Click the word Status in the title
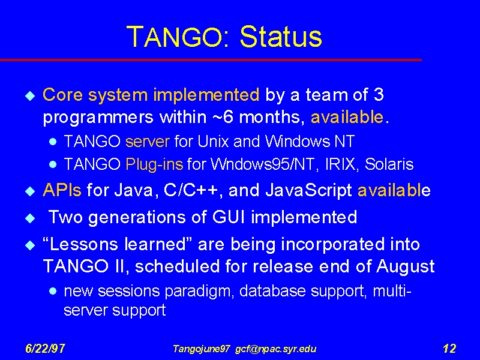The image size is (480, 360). tap(281, 37)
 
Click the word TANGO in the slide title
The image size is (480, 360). tap(174, 37)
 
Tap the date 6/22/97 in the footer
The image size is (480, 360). tap(45, 349)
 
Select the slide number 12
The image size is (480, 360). tap(449, 349)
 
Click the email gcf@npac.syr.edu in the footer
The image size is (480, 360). tap(275, 349)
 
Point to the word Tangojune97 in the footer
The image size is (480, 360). tap(201, 349)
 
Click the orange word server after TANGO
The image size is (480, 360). tap(147, 142)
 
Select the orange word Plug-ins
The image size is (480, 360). tap(154, 164)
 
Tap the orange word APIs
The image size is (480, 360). tap(62, 190)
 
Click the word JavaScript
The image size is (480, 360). tap(308, 190)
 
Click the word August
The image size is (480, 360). tap(406, 266)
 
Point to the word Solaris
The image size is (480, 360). tap(389, 164)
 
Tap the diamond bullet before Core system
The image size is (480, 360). tap(31, 96)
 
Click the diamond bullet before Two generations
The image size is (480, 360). tap(31, 218)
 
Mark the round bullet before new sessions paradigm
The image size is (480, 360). tap(53, 291)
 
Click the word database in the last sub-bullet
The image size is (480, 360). tap(272, 290)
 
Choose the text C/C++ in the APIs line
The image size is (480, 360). tap(191, 190)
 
